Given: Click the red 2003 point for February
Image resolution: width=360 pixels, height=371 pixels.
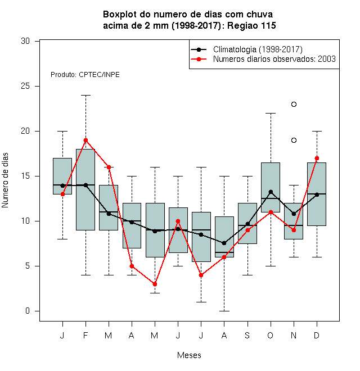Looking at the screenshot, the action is click(85, 141).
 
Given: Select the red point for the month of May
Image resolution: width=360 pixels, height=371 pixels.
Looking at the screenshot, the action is click(155, 284).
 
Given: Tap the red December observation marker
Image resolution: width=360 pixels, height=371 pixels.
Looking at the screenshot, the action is click(317, 159).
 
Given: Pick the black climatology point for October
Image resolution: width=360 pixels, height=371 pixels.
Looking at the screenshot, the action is click(271, 192).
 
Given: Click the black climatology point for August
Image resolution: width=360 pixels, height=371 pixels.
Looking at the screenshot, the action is click(224, 243).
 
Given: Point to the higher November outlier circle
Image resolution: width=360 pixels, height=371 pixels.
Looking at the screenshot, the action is click(294, 105).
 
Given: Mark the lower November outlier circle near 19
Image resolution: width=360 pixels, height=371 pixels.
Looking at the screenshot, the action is click(294, 141).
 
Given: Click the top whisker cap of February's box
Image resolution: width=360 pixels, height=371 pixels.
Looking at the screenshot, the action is click(85, 96).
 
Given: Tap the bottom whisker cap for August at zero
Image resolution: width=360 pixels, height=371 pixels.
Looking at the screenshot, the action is click(224, 311).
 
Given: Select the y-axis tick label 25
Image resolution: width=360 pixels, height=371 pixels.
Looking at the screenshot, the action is click(25, 86).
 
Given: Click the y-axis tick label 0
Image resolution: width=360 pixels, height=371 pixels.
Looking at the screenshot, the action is click(28, 311).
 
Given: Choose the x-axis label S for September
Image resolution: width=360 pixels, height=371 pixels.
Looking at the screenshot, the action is click(247, 335).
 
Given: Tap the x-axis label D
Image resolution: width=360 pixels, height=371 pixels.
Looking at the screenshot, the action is click(317, 335).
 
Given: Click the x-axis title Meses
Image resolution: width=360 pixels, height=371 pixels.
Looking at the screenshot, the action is click(189, 355).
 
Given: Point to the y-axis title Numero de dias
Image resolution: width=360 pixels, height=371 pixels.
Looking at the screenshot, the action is click(5, 180).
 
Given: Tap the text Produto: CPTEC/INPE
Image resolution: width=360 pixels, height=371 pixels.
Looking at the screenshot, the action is click(85, 75).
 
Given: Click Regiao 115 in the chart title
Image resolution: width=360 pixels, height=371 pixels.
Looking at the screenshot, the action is click(251, 25).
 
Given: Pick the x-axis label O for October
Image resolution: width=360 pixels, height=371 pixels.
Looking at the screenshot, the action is click(270, 335).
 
